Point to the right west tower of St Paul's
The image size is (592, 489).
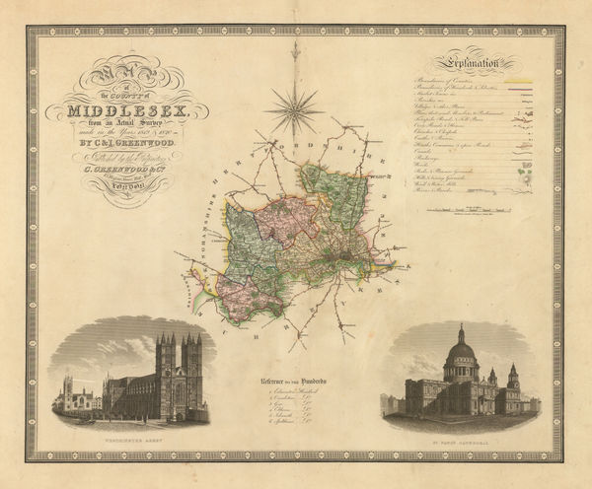coord(512,380)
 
